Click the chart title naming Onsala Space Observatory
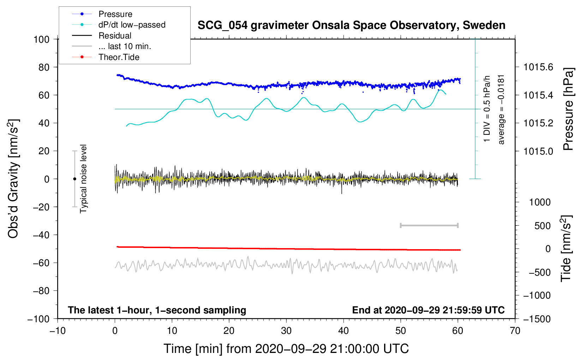pyautogui.click(x=351, y=25)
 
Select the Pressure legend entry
pyautogui.click(x=115, y=14)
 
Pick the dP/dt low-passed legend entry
pyautogui.click(x=132, y=25)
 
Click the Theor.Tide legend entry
pyautogui.click(x=119, y=57)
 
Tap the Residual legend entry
pyautogui.click(x=115, y=36)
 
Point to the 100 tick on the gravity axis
pyautogui.click(x=41, y=39)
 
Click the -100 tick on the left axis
pyautogui.click(x=39, y=319)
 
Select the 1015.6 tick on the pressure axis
pyautogui.click(x=538, y=67)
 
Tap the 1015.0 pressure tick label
pyautogui.click(x=538, y=151)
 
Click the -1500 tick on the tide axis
pyautogui.click(x=537, y=319)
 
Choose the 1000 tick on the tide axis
pyautogui.click(x=540, y=202)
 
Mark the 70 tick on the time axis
pyautogui.click(x=515, y=331)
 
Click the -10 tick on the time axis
pyautogui.click(x=58, y=331)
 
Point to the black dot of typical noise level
pyautogui.click(x=74, y=179)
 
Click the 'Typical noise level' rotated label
pyautogui.click(x=83, y=179)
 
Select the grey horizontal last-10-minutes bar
pyautogui.click(x=429, y=225)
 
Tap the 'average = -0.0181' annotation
pyautogui.click(x=501, y=109)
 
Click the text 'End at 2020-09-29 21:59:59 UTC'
pyautogui.click(x=428, y=310)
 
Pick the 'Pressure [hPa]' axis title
pyautogui.click(x=568, y=109)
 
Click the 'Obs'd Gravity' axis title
pyautogui.click(x=13, y=179)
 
